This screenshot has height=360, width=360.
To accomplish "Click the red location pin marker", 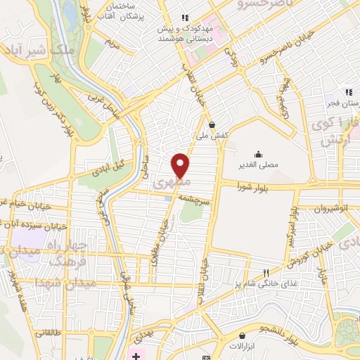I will point(181,165).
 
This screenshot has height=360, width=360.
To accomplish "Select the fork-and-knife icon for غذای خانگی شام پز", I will point(265,273).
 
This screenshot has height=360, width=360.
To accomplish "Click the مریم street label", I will point(110,41).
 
